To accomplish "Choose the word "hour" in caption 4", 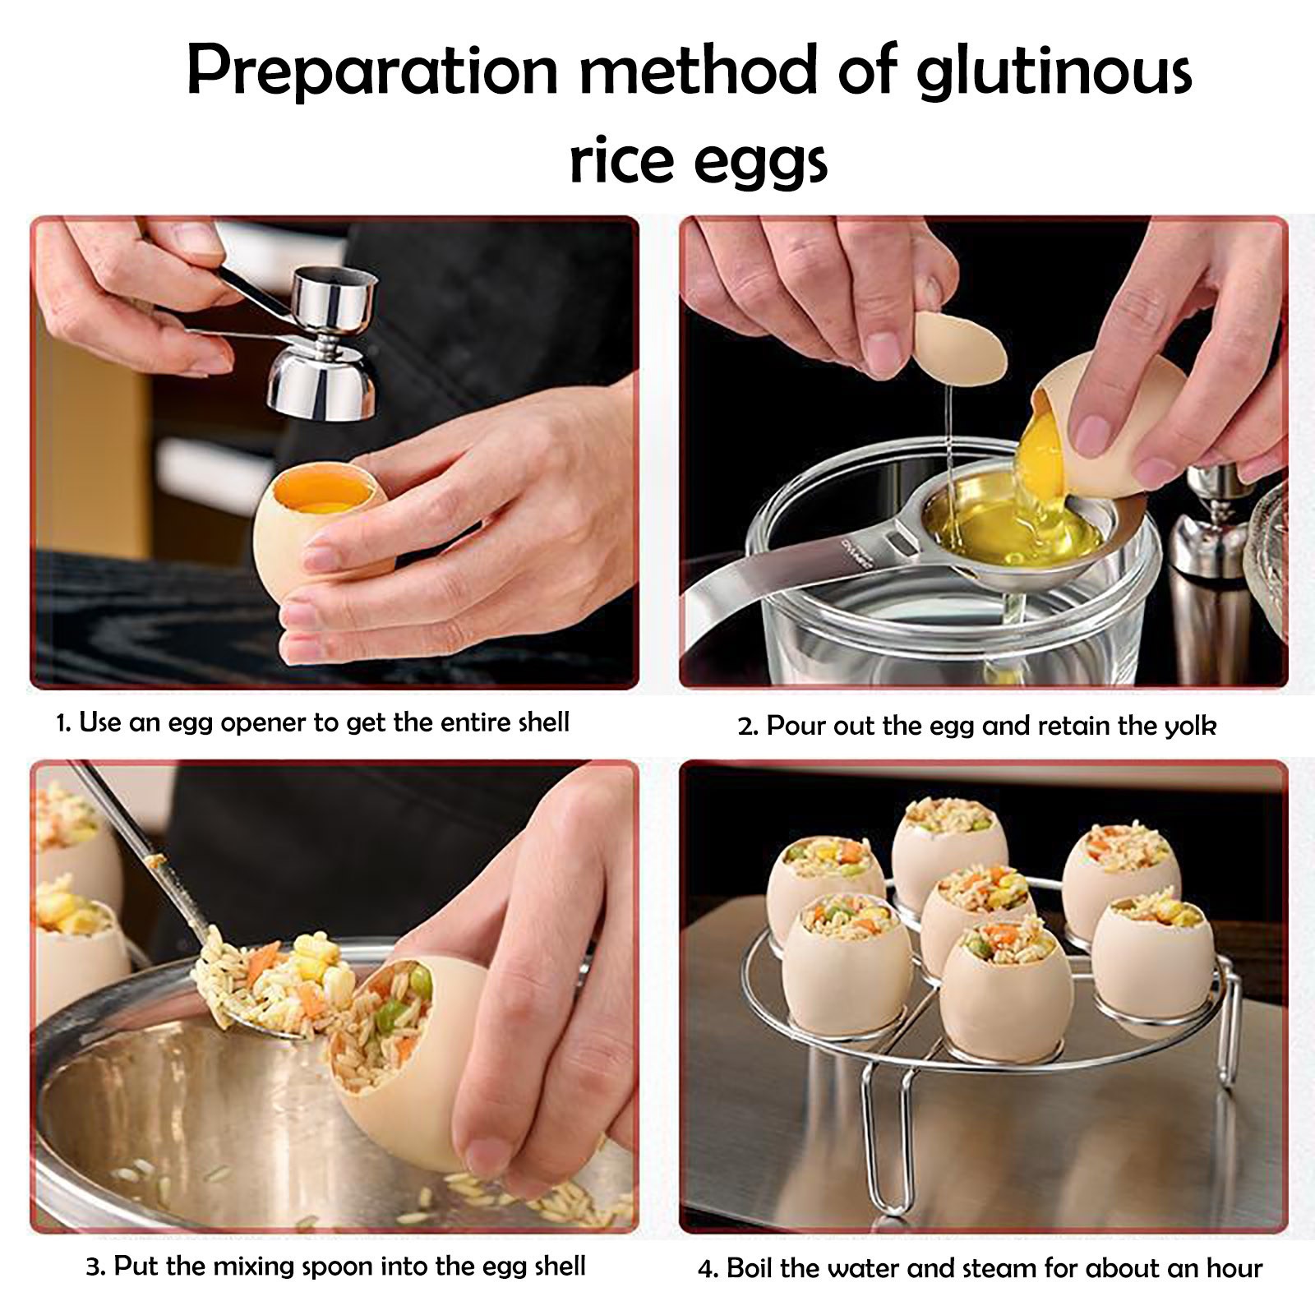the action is pyautogui.click(x=1233, y=1268).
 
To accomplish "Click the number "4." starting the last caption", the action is pyautogui.click(x=708, y=1270).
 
